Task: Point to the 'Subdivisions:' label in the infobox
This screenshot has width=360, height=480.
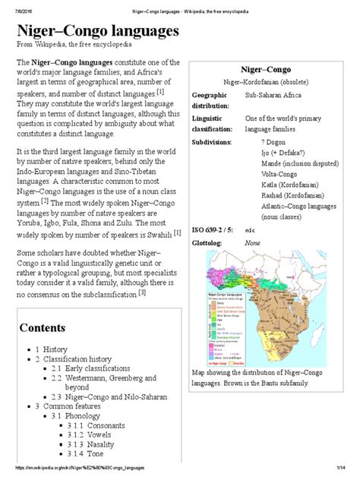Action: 214,141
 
